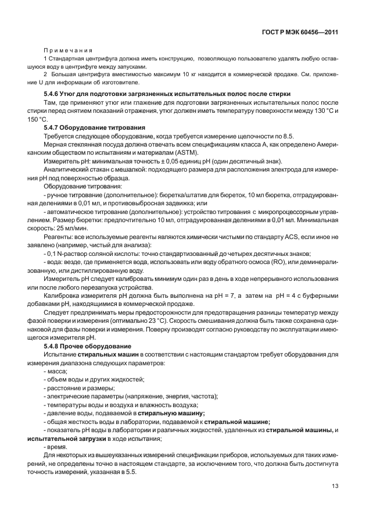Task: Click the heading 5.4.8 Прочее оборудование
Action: (88, 346)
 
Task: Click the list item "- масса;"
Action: (56, 371)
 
